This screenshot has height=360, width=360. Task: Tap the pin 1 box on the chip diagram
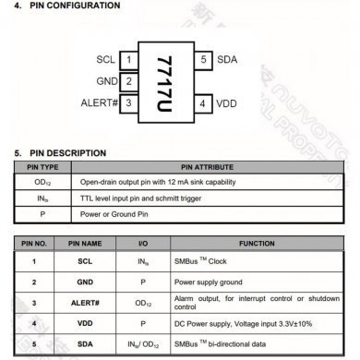(129, 61)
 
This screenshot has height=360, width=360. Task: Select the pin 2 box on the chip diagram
(129, 81)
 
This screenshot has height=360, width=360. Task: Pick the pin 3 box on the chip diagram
(129, 102)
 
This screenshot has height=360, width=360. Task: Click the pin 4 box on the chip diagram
(203, 102)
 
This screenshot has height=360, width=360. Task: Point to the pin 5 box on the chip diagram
(203, 61)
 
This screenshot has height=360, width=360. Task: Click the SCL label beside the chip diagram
(106, 61)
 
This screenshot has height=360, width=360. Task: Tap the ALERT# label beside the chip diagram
(99, 102)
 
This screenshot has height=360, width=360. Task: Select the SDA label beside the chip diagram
(227, 61)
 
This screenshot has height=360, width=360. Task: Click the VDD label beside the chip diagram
(227, 102)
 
